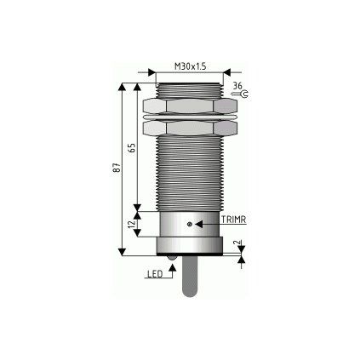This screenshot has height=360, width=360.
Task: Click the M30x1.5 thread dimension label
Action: point(190,66)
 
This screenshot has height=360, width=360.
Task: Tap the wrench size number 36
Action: point(238,85)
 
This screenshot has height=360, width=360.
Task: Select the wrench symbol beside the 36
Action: point(240,94)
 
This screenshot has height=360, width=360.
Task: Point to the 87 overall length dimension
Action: point(117,168)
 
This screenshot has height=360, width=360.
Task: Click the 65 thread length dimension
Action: point(133,148)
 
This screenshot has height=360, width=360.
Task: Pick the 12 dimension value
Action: point(131,224)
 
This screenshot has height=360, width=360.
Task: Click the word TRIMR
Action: point(233,220)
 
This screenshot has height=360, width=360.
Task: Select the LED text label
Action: point(156,274)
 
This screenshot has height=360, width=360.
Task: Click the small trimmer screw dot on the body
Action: point(190,224)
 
